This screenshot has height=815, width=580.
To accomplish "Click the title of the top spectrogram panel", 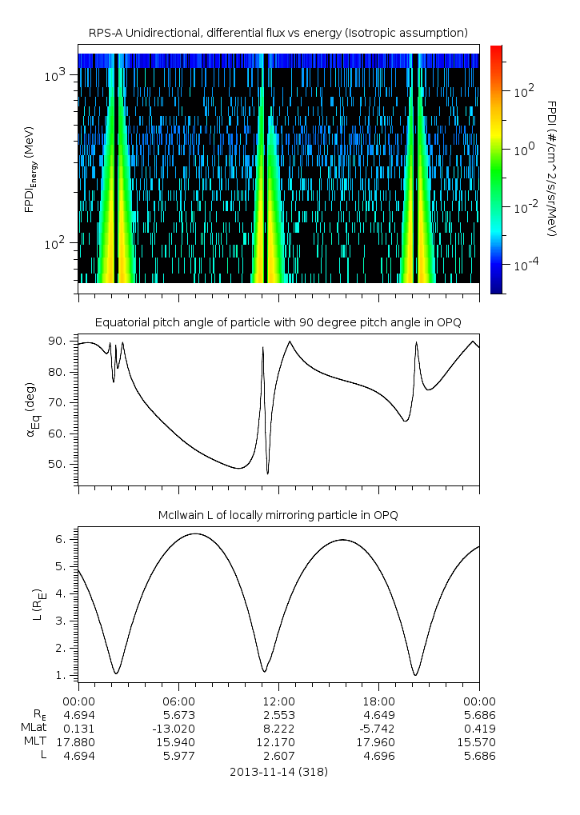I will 278,33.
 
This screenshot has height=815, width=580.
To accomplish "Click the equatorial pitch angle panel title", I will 278,322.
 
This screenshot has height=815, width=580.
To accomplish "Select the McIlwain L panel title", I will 278,515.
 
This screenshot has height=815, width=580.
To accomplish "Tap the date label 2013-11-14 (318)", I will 278,772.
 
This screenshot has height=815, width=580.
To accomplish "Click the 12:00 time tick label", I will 278,701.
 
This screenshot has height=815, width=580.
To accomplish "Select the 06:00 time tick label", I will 178,701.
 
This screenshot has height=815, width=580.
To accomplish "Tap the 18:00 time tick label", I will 378,701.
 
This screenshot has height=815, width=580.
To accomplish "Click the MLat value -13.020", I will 178,728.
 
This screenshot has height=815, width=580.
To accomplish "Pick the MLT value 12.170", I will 278,741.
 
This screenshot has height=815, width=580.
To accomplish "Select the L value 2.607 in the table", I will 278,755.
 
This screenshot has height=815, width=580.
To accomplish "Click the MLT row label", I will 33,741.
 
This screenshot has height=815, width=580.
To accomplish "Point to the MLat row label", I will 33,728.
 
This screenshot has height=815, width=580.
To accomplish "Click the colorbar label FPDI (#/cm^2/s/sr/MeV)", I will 551,168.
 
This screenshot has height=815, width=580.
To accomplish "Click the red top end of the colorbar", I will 496,50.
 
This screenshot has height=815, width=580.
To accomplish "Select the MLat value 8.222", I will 278,728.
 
